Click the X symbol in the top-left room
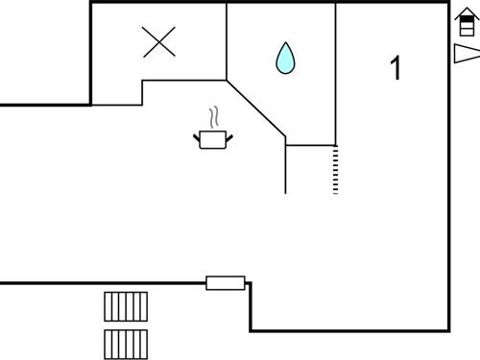pos(158,41)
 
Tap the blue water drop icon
pos(285,58)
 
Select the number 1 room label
pos(396,68)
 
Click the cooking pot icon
pos(213,140)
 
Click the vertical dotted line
pos(335,170)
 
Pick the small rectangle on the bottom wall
pos(226,282)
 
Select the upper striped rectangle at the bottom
pos(126,306)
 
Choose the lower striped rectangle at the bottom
pos(126,344)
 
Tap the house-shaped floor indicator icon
pos(465,23)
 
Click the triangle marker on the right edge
pos(466,54)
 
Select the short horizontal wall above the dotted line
pos(310,145)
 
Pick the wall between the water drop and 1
pos(335,72)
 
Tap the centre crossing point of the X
pos(158,41)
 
